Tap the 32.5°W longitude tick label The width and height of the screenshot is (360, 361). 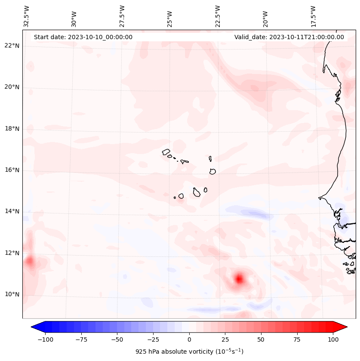[27, 16]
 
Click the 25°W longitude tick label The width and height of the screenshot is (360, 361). [170, 16]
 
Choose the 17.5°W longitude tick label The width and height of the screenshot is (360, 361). [313, 16]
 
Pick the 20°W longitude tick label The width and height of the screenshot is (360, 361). [265, 16]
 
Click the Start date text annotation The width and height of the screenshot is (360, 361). [83, 37]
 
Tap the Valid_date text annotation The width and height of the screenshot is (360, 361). [289, 37]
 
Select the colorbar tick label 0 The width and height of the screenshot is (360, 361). [189, 339]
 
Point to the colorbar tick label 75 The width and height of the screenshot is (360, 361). [297, 339]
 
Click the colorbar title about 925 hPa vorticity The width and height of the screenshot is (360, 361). [189, 352]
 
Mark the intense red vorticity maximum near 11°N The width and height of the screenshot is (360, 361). [239, 278]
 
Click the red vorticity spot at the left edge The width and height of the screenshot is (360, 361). [29, 261]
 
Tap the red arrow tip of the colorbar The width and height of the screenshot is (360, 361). [342, 327]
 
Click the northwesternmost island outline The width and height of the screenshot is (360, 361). [166, 151]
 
